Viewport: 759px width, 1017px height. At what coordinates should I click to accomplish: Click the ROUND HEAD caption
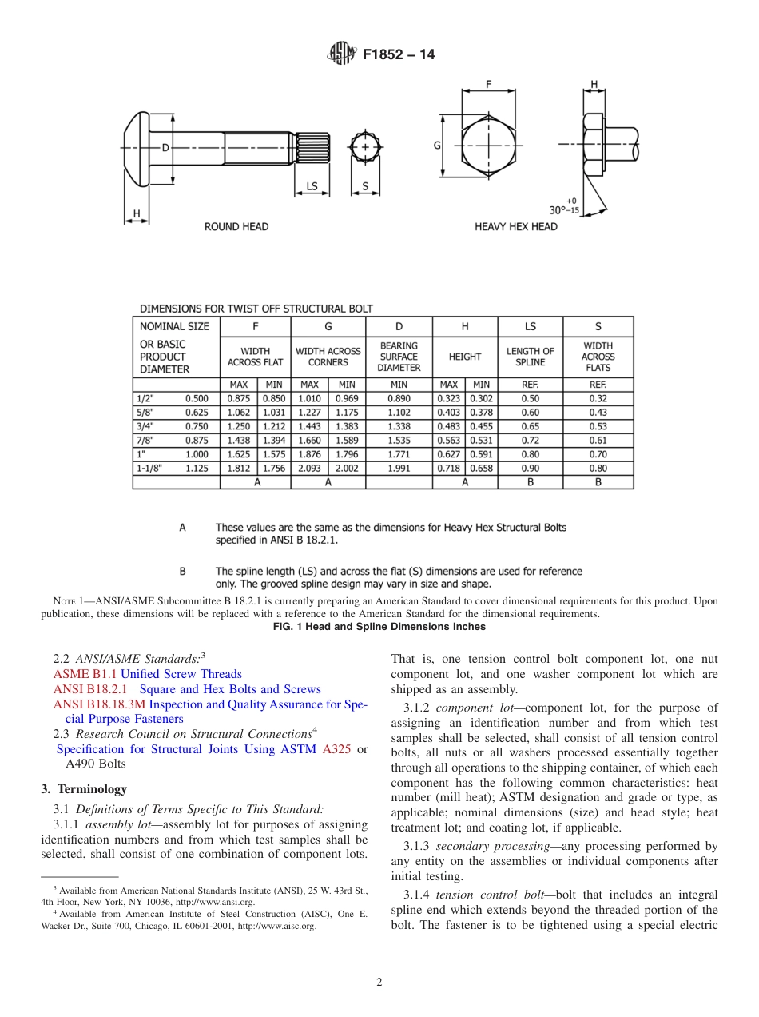(236, 227)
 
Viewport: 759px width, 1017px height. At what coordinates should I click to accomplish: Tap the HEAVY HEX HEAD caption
(516, 227)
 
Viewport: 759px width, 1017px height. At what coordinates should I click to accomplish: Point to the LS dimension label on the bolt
(312, 187)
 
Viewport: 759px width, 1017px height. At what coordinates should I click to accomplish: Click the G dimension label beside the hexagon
(437, 146)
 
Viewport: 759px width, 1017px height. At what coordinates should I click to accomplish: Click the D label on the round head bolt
(165, 147)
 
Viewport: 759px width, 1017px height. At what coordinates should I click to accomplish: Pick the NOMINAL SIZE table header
(174, 326)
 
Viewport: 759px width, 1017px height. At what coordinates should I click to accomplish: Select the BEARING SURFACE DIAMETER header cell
(399, 357)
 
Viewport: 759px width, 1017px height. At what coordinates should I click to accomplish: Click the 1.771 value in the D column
(399, 454)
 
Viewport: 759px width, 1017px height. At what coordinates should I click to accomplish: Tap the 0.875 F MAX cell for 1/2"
(238, 398)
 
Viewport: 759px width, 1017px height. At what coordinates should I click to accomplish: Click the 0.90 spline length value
(530, 469)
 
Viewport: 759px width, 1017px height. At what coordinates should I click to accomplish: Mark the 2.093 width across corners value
(309, 469)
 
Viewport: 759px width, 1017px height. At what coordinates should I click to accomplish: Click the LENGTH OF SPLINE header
(530, 357)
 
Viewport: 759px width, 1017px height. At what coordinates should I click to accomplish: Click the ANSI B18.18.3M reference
(99, 704)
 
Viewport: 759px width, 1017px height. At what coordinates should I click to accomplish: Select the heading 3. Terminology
(84, 789)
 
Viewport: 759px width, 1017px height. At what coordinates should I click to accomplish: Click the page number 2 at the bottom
(379, 983)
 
